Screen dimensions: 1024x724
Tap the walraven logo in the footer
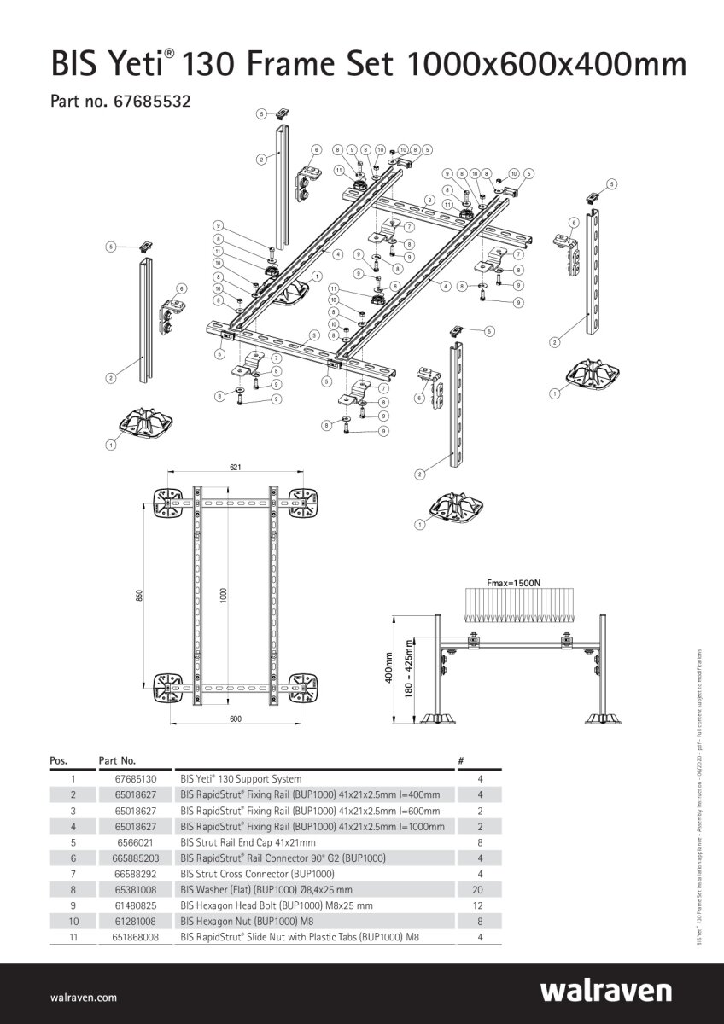click(x=605, y=991)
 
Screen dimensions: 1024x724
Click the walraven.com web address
click(x=84, y=997)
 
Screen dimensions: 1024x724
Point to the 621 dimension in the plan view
click(x=235, y=467)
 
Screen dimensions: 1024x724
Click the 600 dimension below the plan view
click(x=236, y=719)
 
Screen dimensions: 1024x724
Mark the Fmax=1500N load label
click(x=513, y=582)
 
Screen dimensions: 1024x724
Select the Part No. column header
click(x=118, y=759)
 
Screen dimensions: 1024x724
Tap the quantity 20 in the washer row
click(x=481, y=889)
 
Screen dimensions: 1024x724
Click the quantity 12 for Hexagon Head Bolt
click(x=481, y=905)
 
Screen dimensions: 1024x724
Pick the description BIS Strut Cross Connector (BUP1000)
click(x=257, y=874)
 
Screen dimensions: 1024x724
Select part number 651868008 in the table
click(x=135, y=937)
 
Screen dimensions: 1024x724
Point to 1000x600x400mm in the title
click(x=547, y=65)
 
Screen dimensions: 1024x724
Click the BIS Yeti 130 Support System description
click(x=241, y=779)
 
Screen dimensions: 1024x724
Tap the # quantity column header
click(x=461, y=759)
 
